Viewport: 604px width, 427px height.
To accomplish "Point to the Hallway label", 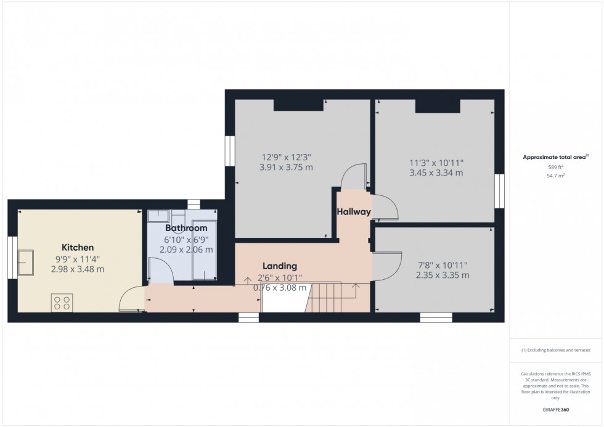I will tap(353, 212).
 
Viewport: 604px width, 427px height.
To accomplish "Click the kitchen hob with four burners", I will tap(62, 303).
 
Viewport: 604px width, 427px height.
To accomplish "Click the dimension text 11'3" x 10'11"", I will tap(436, 163).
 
